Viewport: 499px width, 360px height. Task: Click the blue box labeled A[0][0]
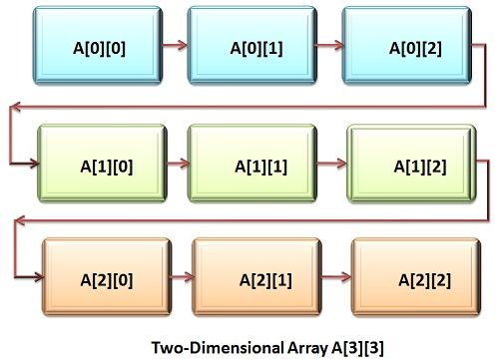(86, 46)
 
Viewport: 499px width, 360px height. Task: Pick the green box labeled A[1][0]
(100, 161)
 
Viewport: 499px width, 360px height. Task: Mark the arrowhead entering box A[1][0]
(31, 161)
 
